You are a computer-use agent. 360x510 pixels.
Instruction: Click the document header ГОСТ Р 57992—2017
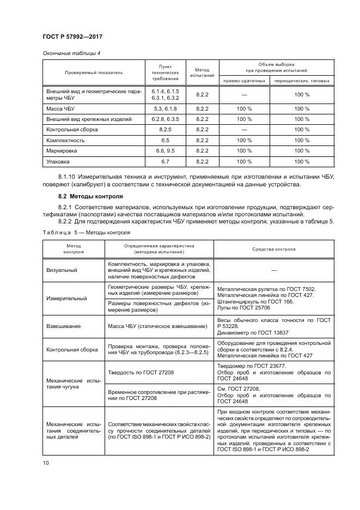click(x=72, y=37)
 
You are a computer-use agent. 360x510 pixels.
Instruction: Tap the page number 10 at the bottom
click(x=46, y=463)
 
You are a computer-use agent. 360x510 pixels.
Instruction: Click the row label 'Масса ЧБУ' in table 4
click(x=60, y=109)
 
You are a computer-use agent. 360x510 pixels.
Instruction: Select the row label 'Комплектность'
click(x=64, y=141)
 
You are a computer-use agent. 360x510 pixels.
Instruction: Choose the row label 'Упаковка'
click(x=58, y=162)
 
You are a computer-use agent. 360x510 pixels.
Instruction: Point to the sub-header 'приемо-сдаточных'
click(x=244, y=81)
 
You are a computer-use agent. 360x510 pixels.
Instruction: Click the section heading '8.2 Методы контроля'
click(x=90, y=196)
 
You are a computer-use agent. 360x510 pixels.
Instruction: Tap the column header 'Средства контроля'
click(x=273, y=249)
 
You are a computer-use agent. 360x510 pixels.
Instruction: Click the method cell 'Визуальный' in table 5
click(x=62, y=270)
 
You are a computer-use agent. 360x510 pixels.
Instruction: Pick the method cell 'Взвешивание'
click(x=64, y=326)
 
